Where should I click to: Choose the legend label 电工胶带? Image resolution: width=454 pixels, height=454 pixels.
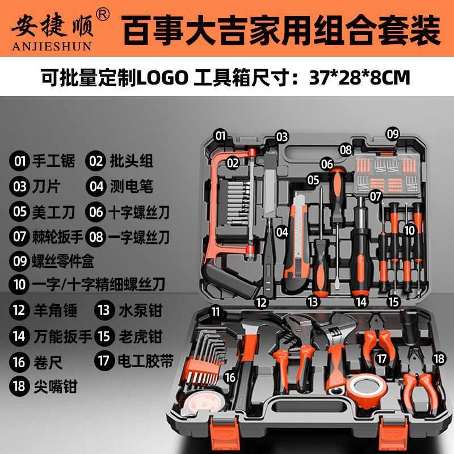(x=144, y=360)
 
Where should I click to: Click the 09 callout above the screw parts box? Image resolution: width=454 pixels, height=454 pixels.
(x=393, y=133)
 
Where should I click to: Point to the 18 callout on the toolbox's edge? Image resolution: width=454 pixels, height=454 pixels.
(x=438, y=358)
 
